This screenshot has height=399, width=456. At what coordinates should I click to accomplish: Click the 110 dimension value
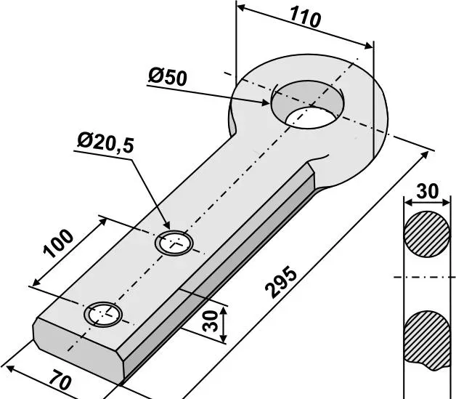click(x=306, y=17)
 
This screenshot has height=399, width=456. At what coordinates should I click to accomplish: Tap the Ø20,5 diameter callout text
click(x=105, y=142)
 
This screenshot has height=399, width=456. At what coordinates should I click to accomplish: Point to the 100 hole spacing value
click(x=58, y=244)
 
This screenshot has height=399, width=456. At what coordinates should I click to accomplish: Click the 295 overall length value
click(x=282, y=282)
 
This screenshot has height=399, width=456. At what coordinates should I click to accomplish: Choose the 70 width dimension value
click(x=60, y=379)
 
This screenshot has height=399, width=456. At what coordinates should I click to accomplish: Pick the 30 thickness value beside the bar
click(x=211, y=321)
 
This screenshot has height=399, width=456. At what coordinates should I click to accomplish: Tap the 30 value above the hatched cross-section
click(x=427, y=191)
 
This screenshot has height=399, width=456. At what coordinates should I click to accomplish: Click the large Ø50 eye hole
click(x=308, y=105)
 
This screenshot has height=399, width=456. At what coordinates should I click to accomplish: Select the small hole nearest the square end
click(x=103, y=315)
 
